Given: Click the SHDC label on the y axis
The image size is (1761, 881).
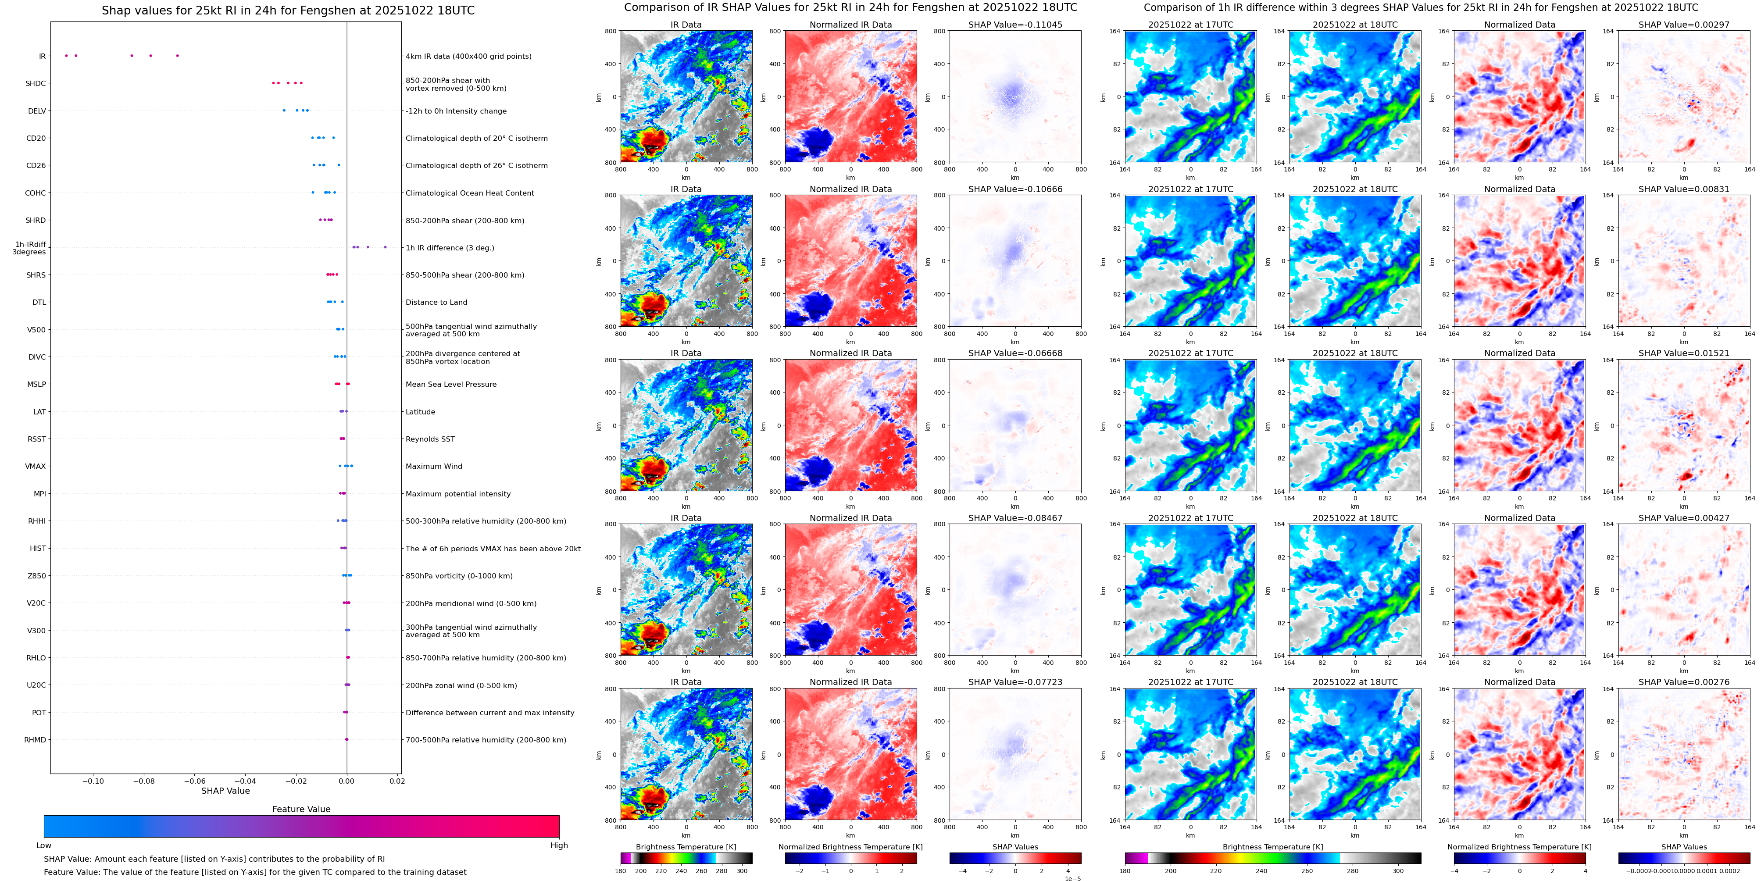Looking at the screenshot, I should [36, 83].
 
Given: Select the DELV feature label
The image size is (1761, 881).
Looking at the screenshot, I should [37, 111].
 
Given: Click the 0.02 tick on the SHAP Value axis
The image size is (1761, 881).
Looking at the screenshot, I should [397, 781].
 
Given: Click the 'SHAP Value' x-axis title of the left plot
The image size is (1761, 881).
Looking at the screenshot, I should [225, 791].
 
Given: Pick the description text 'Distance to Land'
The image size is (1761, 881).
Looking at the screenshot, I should [436, 302].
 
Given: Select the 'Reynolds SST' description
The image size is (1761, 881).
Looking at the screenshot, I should [430, 439].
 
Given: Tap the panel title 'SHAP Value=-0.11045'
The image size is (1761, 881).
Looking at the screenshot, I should [1015, 25].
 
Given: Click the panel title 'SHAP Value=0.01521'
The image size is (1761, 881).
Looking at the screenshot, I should [1684, 353].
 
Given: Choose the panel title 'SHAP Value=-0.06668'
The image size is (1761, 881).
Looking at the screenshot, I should [1015, 353].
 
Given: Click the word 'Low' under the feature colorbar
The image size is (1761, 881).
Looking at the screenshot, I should [44, 845].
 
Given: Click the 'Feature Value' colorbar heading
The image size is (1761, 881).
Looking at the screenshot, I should [301, 809].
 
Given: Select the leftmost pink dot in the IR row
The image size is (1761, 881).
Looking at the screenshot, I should [66, 55].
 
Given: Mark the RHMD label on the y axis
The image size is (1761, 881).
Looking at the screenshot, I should [35, 739].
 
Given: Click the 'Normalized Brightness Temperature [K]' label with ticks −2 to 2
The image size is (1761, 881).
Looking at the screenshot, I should [850, 847].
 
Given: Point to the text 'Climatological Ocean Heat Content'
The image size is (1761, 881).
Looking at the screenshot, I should [470, 193].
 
